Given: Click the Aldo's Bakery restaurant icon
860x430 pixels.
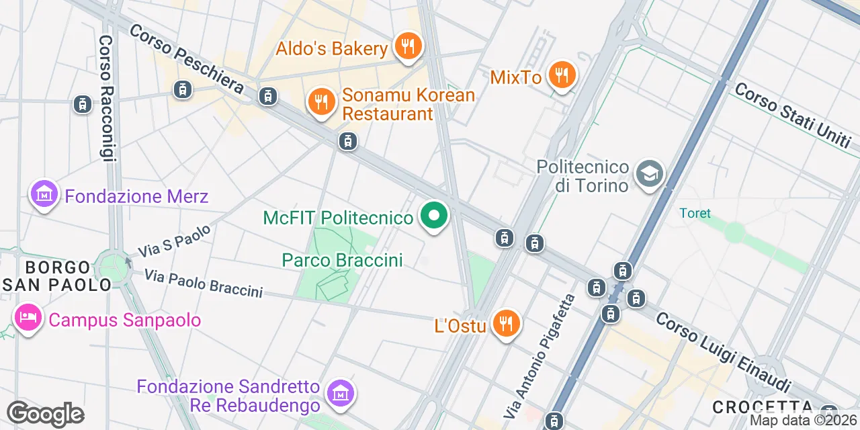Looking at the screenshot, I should [x=407, y=47].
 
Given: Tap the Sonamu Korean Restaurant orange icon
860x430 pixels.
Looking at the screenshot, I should [x=322, y=102].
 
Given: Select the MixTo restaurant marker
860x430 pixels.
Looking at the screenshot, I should [x=562, y=75].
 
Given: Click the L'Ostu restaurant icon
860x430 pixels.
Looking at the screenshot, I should [x=506, y=325].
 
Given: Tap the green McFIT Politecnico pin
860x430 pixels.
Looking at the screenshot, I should [x=434, y=216].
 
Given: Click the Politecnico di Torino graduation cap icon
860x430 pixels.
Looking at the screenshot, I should [x=650, y=174].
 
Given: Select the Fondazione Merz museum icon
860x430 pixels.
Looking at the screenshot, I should [x=44, y=195].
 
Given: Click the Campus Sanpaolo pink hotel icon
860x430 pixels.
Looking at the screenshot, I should [x=28, y=318].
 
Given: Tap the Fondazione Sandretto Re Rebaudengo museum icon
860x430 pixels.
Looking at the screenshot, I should [x=341, y=392].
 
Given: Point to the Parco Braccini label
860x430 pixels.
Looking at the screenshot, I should [x=342, y=260].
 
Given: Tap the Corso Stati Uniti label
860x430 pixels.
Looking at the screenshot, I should [x=792, y=116].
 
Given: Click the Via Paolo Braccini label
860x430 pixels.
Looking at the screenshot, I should [x=203, y=283].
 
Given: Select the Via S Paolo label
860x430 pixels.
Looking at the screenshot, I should [x=175, y=241].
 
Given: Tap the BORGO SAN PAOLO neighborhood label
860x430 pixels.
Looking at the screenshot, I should [x=56, y=276].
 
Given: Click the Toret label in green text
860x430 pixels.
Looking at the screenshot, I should [x=695, y=213].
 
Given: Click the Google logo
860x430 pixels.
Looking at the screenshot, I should [x=45, y=414].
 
